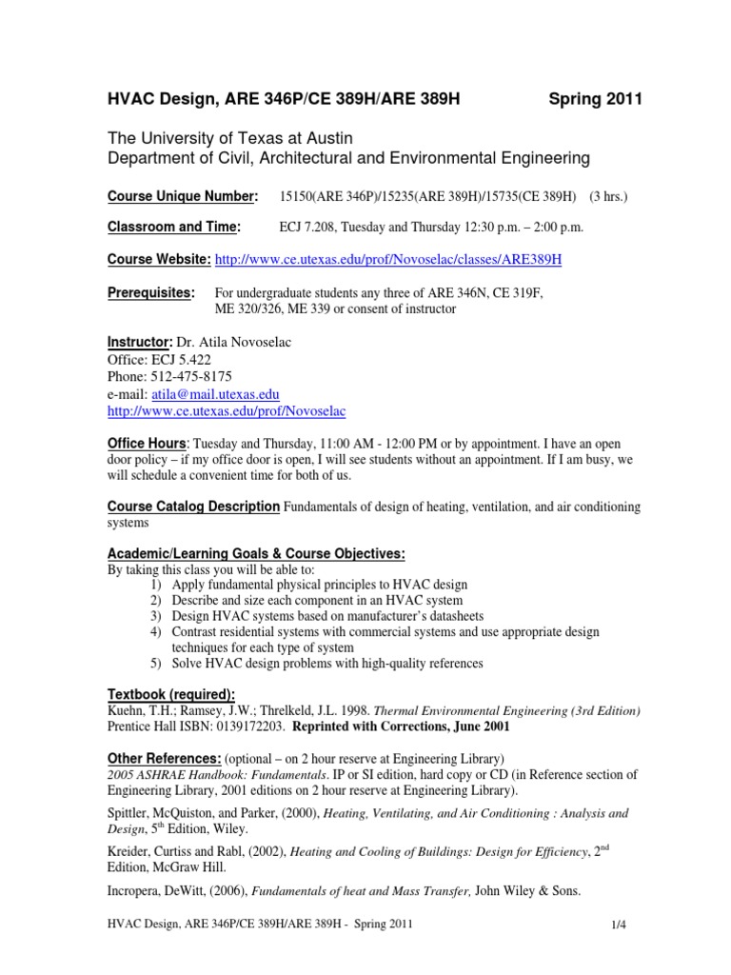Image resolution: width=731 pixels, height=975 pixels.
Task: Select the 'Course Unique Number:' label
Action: point(182,196)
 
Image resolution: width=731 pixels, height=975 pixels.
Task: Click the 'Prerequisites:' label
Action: point(150,291)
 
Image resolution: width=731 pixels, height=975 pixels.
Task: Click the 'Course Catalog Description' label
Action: point(193,507)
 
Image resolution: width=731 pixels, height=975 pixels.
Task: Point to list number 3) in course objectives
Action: point(156,616)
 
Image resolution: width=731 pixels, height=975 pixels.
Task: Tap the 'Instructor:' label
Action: point(139,341)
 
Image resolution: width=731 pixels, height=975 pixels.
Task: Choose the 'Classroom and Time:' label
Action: point(173,228)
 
